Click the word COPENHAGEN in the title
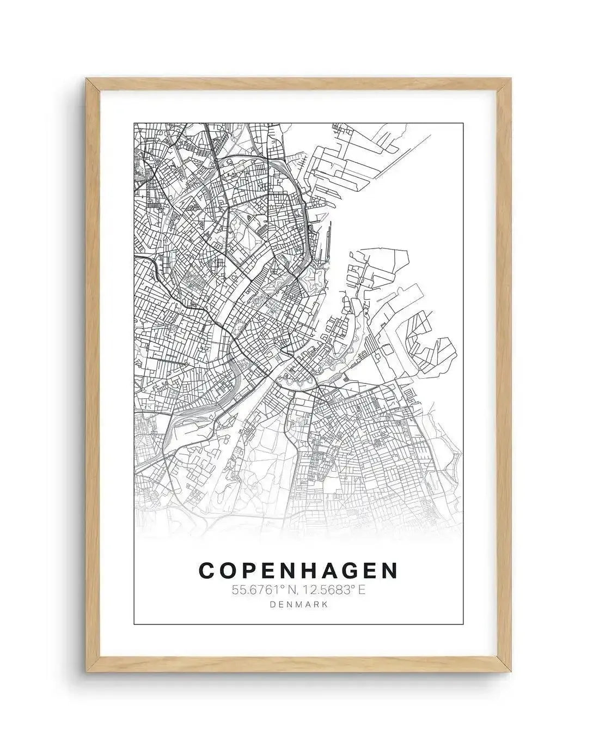(298, 570)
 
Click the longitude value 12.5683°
(326, 589)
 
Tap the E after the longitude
(360, 589)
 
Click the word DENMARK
(298, 604)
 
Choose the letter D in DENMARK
(273, 604)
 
